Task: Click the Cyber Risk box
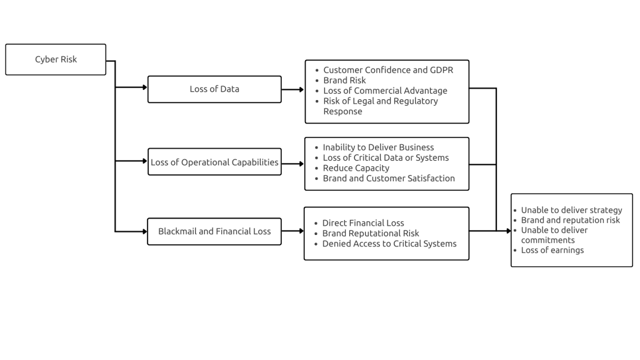56,59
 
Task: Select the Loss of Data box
214,89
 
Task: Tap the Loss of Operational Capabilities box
214,162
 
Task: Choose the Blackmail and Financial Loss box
214,231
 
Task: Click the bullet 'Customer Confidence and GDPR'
387,70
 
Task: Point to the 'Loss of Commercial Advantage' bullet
385,91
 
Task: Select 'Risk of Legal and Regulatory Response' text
380,106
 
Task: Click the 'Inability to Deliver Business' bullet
378,147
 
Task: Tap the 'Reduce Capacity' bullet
356,168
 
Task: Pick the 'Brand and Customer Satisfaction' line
389,178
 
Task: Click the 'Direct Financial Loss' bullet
363,223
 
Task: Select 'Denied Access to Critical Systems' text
389,244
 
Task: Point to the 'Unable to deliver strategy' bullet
571,210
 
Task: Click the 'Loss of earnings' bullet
552,250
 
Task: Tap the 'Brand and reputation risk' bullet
570,220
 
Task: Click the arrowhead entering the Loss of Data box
144,88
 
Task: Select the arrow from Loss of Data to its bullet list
292,89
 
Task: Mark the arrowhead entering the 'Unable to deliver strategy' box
508,231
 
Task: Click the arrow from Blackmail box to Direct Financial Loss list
292,231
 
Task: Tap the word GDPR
441,70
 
